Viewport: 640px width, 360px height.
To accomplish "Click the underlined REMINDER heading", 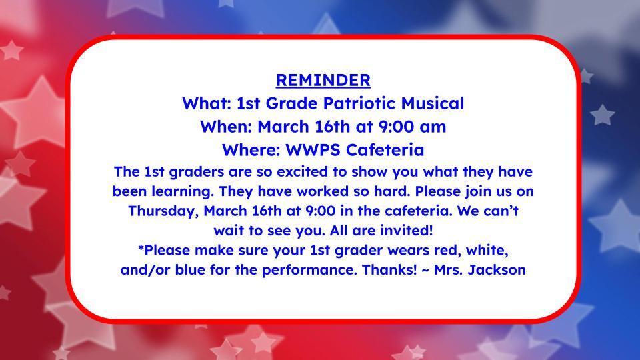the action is pos(323,80).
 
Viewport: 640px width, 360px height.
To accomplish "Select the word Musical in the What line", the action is pos(433,103).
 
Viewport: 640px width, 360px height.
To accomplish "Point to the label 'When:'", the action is pos(226,127).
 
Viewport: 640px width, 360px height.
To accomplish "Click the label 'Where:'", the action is pos(251,150).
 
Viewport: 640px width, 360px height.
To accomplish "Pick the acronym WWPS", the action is pos(313,150).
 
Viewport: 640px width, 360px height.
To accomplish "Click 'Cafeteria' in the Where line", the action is pos(385,150).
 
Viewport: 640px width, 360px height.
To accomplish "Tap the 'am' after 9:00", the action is pos(433,127).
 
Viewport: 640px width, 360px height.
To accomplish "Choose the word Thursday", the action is pos(163,211).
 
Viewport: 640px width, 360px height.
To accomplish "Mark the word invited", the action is pos(406,231).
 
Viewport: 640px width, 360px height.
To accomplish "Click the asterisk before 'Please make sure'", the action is pos(141,248).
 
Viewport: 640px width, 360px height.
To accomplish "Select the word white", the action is pos(487,250).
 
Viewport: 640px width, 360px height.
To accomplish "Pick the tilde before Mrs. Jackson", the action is pos(425,270).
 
